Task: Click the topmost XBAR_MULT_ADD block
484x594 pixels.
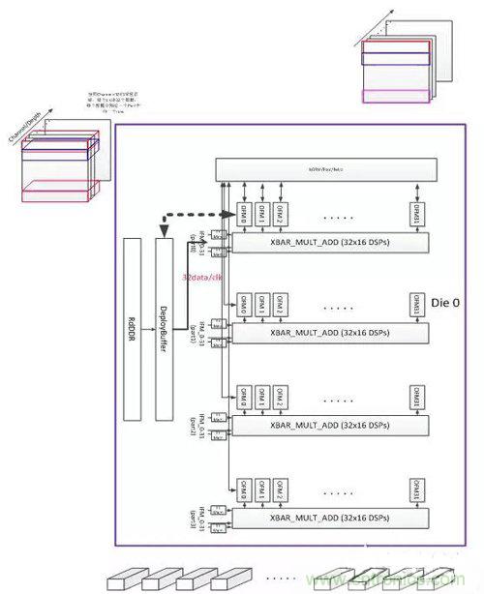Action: [328, 246]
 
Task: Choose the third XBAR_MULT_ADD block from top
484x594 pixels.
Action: [328, 426]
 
